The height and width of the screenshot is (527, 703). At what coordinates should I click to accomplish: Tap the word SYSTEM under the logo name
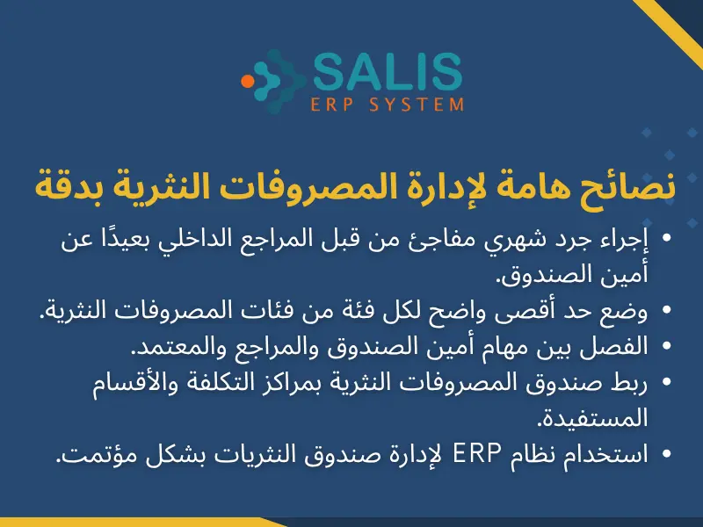(423, 105)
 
